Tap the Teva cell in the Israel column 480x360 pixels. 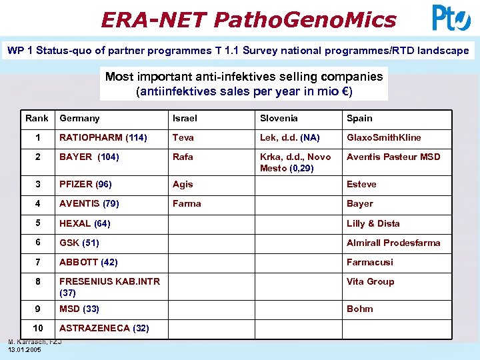click(183, 138)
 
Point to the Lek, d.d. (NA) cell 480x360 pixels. click(290, 138)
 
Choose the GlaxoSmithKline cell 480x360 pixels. click(383, 138)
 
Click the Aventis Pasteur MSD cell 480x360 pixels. click(393, 157)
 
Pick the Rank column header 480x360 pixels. click(37, 118)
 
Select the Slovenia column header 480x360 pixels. click(279, 118)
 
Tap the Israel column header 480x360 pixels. click(185, 118)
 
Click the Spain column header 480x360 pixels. click(359, 118)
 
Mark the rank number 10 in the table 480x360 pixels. click(38, 327)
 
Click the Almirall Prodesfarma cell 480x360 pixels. click(393, 243)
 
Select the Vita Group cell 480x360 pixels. click(370, 282)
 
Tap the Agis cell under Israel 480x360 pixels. click(183, 184)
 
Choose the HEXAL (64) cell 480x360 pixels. click(85, 223)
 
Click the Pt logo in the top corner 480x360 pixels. click(451, 18)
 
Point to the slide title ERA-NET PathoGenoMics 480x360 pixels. click(248, 19)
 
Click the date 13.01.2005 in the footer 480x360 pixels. click(25, 349)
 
